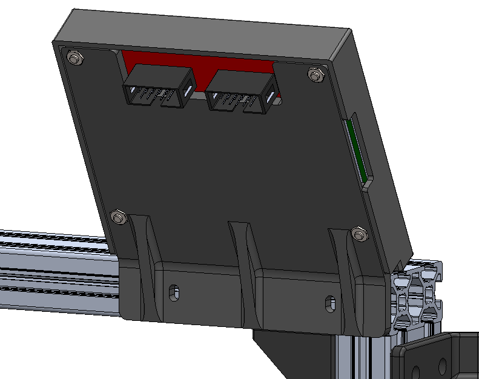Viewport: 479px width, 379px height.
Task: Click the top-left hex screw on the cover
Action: [x=75, y=58]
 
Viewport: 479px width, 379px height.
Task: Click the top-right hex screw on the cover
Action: [x=314, y=74]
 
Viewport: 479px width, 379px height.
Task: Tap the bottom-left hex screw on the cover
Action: [x=118, y=216]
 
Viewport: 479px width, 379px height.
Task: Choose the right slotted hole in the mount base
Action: [x=329, y=301]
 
